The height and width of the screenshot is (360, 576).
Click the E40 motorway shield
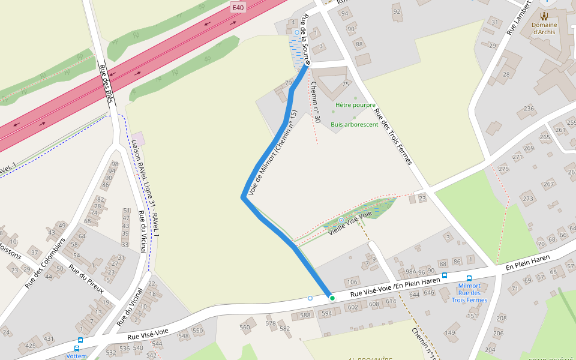(x=238, y=7)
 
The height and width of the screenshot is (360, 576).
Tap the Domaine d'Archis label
(x=544, y=28)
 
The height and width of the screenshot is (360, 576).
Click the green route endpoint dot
(x=332, y=298)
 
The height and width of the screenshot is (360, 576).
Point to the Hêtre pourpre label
(x=355, y=105)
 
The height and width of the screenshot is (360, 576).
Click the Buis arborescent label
(x=354, y=125)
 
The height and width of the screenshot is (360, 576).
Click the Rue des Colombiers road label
(x=45, y=262)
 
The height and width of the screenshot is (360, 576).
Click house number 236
(x=529, y=109)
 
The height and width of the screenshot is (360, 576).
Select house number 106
(x=352, y=282)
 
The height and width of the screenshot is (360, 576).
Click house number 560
(x=245, y=327)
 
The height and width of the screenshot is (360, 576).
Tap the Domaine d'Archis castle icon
(x=544, y=16)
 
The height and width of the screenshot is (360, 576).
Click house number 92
(x=396, y=11)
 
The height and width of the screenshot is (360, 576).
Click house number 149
(x=450, y=333)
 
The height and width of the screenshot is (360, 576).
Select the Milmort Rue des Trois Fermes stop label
(x=469, y=293)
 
